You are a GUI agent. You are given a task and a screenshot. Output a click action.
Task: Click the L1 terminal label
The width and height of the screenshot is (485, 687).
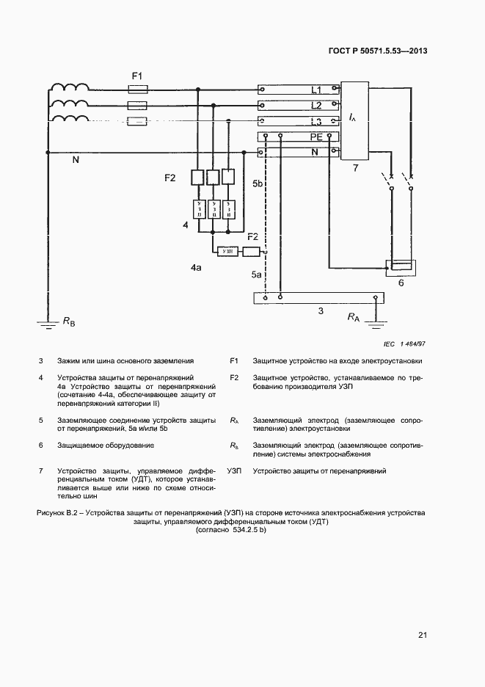pyautogui.click(x=316, y=90)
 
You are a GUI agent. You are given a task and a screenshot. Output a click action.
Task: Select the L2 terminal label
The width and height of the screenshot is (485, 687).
pyautogui.click(x=316, y=106)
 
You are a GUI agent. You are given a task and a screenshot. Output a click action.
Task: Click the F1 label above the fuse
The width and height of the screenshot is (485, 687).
pyautogui.click(x=137, y=76)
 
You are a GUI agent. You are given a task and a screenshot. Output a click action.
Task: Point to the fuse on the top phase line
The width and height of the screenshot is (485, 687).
pyautogui.click(x=138, y=90)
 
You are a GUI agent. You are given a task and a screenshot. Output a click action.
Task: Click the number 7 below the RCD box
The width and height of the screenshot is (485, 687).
pyautogui.click(x=355, y=168)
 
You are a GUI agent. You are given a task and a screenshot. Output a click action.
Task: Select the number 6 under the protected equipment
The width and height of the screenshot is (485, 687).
pyautogui.click(x=401, y=282)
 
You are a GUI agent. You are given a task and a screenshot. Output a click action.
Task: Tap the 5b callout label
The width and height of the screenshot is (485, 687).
pyautogui.click(x=258, y=183)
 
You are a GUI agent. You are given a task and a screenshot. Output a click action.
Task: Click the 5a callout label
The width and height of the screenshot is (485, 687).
pyautogui.click(x=256, y=274)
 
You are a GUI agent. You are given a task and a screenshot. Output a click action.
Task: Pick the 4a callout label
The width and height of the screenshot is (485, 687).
pyautogui.click(x=196, y=269)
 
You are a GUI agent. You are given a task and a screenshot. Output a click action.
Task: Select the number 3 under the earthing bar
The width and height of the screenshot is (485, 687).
pyautogui.click(x=321, y=312)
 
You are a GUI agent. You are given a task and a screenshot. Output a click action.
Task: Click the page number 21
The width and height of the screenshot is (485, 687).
pyautogui.click(x=423, y=635)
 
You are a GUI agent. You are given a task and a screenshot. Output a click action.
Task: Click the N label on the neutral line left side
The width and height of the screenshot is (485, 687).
pyautogui.click(x=75, y=159)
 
